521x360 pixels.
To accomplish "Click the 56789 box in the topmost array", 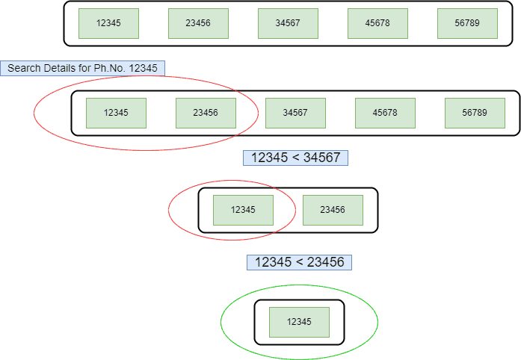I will pyautogui.click(x=467, y=23).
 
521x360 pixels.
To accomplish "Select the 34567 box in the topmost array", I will pyautogui.click(x=288, y=23).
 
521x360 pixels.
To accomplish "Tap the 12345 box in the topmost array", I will pyautogui.click(x=108, y=23).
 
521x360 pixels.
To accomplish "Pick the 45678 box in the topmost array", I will pyautogui.click(x=377, y=23).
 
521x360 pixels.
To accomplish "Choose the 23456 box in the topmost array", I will pyautogui.click(x=198, y=23).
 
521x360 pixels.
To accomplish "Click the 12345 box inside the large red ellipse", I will pyautogui.click(x=116, y=113).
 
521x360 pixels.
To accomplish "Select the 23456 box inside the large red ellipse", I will pyautogui.click(x=206, y=113).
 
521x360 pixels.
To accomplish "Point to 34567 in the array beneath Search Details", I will pyautogui.click(x=295, y=113).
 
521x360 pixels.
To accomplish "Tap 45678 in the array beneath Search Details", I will pyautogui.click(x=385, y=113).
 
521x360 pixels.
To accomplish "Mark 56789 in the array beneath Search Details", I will pyautogui.click(x=475, y=113).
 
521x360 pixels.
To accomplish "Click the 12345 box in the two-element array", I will pyautogui.click(x=243, y=210).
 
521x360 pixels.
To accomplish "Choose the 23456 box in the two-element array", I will pyautogui.click(x=333, y=210).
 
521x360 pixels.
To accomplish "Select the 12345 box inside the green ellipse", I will pyautogui.click(x=299, y=322).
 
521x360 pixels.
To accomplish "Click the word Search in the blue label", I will pyautogui.click(x=24, y=68).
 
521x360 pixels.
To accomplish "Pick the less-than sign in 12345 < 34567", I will pyautogui.click(x=295, y=158).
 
